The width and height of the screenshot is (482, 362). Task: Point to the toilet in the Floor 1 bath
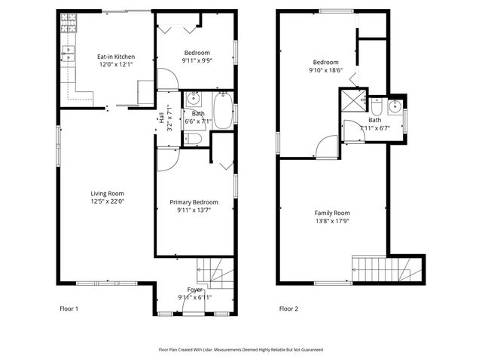[193, 138]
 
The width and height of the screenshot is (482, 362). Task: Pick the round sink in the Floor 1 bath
[193, 99]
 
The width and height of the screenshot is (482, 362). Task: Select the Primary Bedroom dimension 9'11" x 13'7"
[194, 210]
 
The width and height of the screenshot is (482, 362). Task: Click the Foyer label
[195, 289]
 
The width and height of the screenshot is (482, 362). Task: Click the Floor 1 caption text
[69, 308]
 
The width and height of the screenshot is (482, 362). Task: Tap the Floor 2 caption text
[289, 308]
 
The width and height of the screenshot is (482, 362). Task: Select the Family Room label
[332, 213]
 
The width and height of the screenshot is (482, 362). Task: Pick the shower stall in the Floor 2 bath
[352, 102]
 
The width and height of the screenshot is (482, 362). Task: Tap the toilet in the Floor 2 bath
[375, 106]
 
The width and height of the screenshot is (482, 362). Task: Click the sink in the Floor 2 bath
[395, 105]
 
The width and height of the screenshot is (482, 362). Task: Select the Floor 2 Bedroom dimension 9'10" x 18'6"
[326, 70]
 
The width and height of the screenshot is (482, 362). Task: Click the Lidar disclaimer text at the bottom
[240, 350]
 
